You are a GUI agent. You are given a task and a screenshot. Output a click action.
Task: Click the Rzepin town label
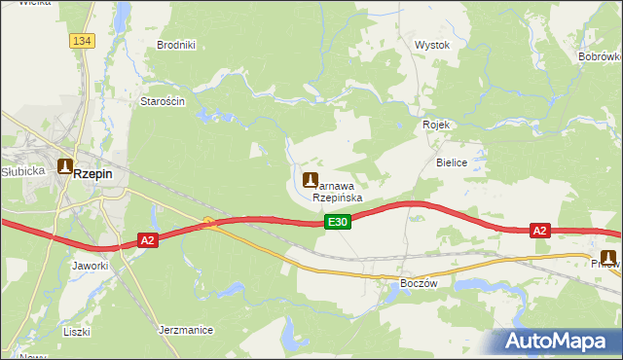tap(93, 173)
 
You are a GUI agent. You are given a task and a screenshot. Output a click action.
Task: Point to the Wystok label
tap(432, 45)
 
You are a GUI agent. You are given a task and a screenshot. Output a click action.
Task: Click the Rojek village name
tap(435, 125)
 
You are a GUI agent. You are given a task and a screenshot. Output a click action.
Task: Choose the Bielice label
tap(453, 162)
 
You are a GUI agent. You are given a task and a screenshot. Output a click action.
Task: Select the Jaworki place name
tap(90, 265)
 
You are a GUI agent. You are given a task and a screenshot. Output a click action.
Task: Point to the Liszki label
tap(76, 332)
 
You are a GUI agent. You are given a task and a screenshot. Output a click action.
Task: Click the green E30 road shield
tap(337, 223)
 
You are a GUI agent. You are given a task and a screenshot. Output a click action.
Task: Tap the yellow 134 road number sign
tap(83, 40)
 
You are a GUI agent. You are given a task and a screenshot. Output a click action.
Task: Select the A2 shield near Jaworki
tap(147, 239)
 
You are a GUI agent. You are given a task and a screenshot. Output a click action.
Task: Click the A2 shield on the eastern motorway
tap(540, 231)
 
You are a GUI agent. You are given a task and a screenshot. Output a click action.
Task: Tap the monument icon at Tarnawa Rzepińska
tap(311, 179)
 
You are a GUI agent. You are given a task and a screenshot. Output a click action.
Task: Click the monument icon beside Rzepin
tap(65, 166)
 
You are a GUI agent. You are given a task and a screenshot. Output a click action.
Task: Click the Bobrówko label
tap(600, 58)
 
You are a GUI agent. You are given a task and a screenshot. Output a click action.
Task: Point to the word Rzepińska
tap(338, 197)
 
